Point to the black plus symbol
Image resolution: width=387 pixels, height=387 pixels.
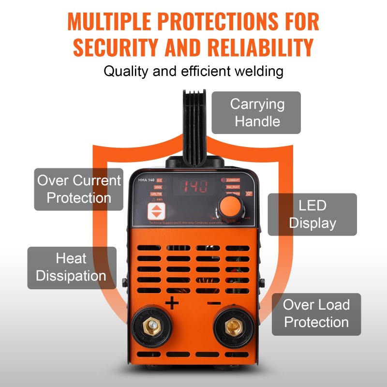point(172,304)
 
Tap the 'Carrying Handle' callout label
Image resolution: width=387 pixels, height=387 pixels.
point(257,113)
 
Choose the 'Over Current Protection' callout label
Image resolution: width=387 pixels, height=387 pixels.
point(79,189)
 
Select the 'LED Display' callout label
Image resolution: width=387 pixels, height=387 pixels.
point(312,214)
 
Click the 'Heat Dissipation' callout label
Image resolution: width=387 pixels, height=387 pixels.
point(71,268)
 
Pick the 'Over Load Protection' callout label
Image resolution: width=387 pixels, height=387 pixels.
point(316,313)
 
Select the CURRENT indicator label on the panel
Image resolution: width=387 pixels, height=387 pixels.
point(233,180)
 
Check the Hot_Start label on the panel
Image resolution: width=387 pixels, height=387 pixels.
point(233,187)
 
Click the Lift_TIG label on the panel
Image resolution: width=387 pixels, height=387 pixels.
point(156,193)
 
